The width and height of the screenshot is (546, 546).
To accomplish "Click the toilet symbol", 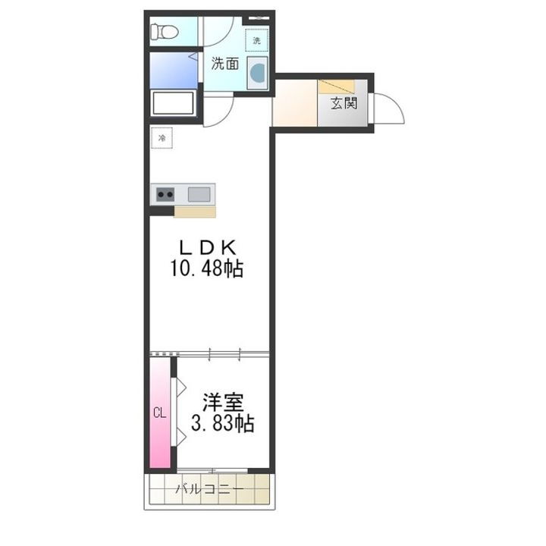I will (x=164, y=32).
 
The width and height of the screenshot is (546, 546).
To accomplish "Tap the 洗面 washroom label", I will (x=224, y=64).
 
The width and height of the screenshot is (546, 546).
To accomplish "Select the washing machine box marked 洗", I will (x=256, y=39).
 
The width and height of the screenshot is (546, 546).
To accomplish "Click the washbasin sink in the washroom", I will (x=258, y=73).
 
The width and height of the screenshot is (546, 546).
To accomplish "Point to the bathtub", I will (x=174, y=102).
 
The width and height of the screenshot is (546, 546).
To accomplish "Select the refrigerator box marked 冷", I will (x=162, y=139).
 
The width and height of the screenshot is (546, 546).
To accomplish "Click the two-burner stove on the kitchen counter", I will (x=165, y=194).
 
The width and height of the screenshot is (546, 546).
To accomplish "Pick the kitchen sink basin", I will (x=199, y=194).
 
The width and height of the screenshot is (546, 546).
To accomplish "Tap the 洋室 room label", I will (x=222, y=403).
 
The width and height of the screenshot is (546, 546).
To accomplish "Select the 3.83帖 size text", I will (x=222, y=424).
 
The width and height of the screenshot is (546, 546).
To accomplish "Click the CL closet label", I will (x=159, y=413).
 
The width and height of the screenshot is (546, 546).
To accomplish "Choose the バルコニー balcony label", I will (x=210, y=490).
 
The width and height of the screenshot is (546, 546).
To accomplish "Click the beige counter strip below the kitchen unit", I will (x=194, y=212).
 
